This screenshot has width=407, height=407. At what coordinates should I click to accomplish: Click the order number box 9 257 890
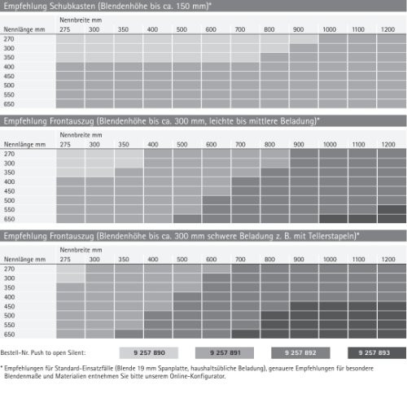149,352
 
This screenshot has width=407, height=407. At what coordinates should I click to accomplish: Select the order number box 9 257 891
225,352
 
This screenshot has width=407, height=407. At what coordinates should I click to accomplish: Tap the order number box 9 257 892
300,352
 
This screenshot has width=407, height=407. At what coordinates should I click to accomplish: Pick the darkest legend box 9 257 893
377,352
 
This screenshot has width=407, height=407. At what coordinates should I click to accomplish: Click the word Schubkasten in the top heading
72,6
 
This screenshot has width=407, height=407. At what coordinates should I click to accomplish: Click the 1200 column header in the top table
387,29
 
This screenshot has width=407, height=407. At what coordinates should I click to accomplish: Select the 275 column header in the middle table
65,144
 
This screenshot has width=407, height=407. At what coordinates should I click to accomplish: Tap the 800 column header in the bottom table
269,260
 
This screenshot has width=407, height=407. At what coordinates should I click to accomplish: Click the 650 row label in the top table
9,104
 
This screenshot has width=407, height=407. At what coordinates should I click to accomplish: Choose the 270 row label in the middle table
9,154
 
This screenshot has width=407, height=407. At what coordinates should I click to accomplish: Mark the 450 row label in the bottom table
9,306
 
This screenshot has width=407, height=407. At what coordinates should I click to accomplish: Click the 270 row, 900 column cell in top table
304,39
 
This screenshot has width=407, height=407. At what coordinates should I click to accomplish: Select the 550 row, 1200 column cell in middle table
392,209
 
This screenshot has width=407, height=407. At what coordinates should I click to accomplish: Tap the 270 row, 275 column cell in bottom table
71,269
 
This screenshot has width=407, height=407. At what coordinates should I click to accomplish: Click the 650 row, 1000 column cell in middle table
333,219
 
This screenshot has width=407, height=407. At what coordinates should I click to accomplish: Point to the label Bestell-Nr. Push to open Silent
43,352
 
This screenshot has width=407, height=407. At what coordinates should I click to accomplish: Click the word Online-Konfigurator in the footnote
198,376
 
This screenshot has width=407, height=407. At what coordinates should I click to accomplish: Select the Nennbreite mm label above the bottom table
81,250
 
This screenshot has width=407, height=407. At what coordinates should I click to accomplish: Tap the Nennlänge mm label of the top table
24,29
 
